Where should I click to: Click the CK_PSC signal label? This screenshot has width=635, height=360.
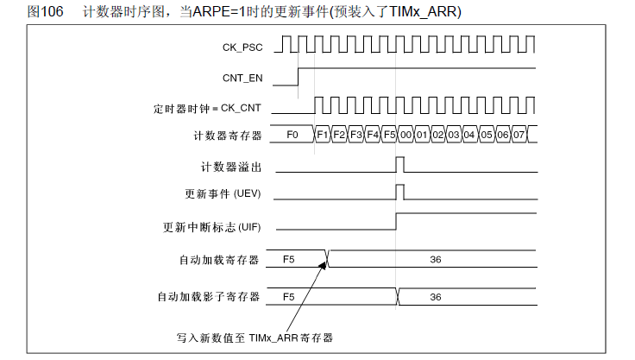coord(242,47)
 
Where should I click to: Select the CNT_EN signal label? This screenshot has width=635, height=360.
coord(242,78)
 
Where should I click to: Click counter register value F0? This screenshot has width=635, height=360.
coord(292,135)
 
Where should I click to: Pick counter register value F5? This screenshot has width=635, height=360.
coord(389,135)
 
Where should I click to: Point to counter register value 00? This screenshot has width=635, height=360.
coord(406,135)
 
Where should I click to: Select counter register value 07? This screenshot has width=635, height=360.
coord(519,135)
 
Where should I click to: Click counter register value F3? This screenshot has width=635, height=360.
coord(356,135)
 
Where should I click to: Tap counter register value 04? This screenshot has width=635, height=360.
coord(469,135)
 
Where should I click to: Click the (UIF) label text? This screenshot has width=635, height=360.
coord(249,227)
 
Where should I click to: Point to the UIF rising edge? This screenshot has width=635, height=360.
coord(396,221)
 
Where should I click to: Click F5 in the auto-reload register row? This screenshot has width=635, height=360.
coord(289,260)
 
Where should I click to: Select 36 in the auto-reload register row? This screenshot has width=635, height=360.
coord(436,260)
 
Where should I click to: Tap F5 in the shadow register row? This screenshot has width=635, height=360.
coord(289,297)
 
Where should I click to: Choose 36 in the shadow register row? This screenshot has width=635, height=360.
coord(436,297)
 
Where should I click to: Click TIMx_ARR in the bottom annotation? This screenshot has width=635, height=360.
coord(273,338)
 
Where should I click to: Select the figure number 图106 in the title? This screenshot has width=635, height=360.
coord(45,11)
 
